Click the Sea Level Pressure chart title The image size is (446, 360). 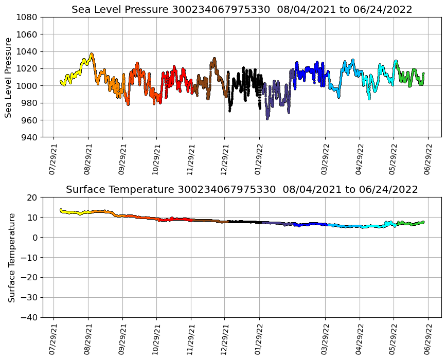[242, 10]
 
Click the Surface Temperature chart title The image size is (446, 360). [242, 190]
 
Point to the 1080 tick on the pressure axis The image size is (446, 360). [29, 17]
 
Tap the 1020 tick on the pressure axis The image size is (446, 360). [29, 68]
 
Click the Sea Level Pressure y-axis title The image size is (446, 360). [9, 77]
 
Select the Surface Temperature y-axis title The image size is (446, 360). [11, 257]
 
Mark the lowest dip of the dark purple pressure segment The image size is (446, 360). [267, 119]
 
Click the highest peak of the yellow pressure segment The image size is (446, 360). [92, 53]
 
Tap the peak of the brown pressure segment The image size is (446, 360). [214, 58]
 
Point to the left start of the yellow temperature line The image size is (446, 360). [61, 210]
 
